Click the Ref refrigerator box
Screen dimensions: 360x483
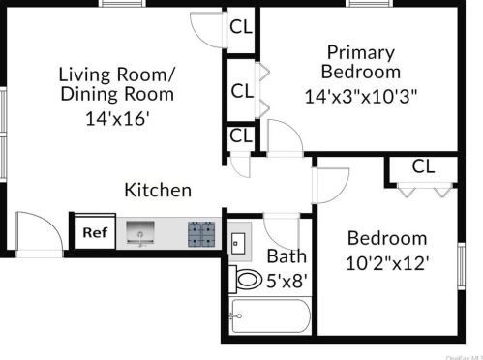(x=93, y=232)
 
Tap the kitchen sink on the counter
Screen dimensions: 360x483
(x=141, y=232)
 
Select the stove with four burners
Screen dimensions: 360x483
(x=201, y=232)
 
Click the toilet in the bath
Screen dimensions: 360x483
(x=249, y=281)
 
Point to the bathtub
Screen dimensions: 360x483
(x=270, y=316)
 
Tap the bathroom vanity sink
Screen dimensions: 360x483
(x=238, y=241)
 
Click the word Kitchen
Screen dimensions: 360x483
(x=158, y=191)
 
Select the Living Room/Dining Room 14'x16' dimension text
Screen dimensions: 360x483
(x=117, y=120)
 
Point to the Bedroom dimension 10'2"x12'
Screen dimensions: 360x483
(x=387, y=261)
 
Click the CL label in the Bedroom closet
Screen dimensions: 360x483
(x=423, y=166)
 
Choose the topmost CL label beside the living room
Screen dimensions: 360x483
(x=241, y=26)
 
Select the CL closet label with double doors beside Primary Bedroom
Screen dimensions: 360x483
(x=241, y=91)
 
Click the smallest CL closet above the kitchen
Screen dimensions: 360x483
(x=240, y=136)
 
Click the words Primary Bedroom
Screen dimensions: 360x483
(x=360, y=62)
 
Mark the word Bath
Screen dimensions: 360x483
(x=287, y=256)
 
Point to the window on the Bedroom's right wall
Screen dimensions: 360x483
(x=461, y=260)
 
